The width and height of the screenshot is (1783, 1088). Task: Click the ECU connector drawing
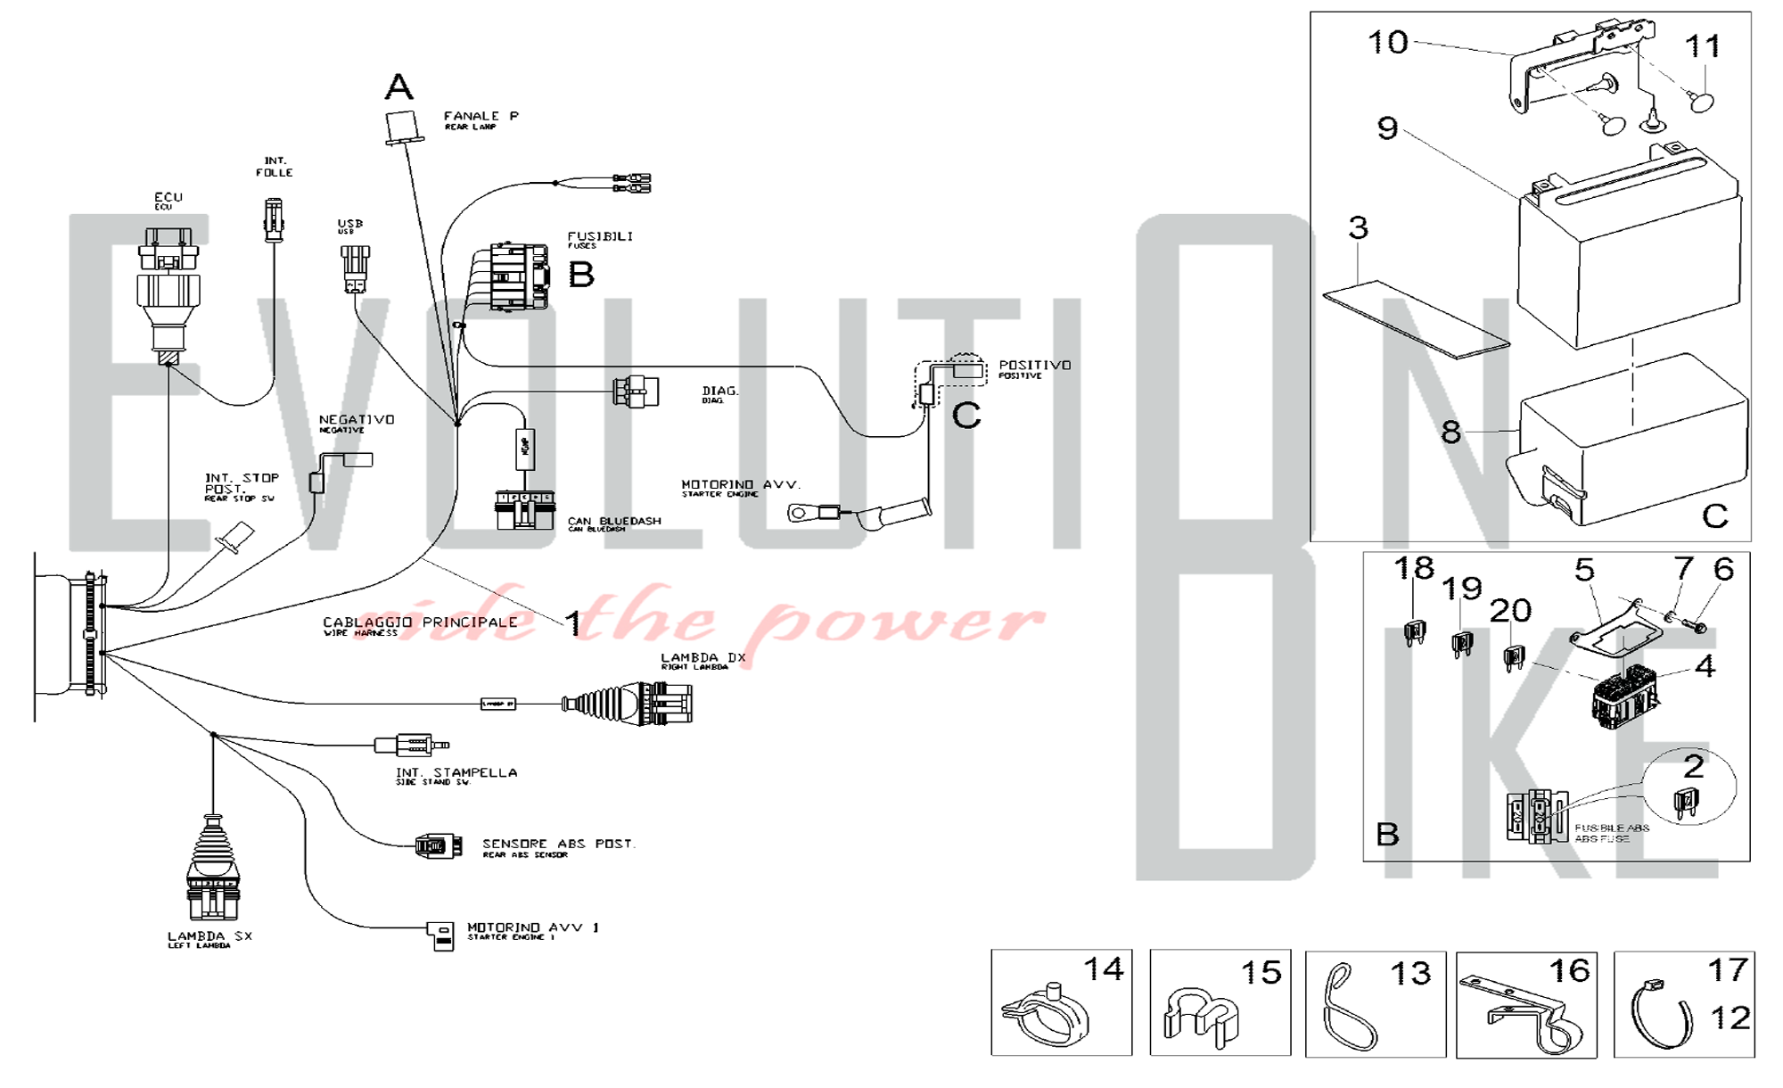pyautogui.click(x=168, y=290)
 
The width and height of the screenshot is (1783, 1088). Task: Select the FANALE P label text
pyautogui.click(x=481, y=116)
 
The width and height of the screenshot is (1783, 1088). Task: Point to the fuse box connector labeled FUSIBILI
pyautogui.click(x=519, y=276)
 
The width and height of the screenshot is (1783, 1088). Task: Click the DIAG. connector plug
pyautogui.click(x=636, y=392)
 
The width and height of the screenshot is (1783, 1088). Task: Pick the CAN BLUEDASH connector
pyautogui.click(x=522, y=510)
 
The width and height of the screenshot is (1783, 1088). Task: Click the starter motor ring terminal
pyautogui.click(x=801, y=513)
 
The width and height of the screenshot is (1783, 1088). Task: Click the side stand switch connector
pyautogui.click(x=411, y=745)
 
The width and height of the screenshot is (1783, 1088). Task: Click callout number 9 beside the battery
pyautogui.click(x=1387, y=128)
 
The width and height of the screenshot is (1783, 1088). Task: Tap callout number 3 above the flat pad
pyautogui.click(x=1358, y=227)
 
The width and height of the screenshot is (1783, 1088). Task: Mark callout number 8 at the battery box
pyautogui.click(x=1450, y=433)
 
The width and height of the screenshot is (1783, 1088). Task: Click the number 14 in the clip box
pyautogui.click(x=1103, y=969)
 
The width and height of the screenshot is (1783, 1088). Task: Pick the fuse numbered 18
pyautogui.click(x=1414, y=633)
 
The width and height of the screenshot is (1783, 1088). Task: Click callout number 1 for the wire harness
pyautogui.click(x=573, y=623)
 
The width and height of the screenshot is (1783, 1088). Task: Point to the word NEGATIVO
pyautogui.click(x=357, y=419)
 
